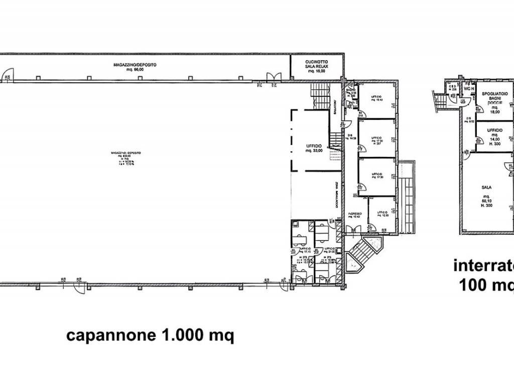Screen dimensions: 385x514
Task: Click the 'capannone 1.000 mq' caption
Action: pyautogui.click(x=151, y=335)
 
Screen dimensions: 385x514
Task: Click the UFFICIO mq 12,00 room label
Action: pyautogui.click(x=383, y=213)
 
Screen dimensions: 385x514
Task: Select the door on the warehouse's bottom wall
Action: pyautogui.click(x=79, y=287)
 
